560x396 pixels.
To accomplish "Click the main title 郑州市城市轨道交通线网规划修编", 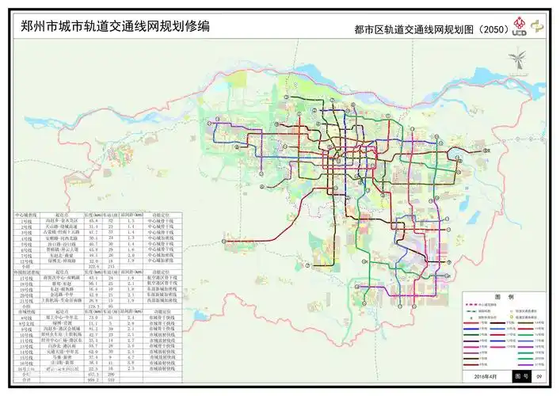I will pos(112,26).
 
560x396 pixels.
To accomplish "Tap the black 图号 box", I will pos(520,378).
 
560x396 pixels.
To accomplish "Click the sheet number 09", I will pos(539,378).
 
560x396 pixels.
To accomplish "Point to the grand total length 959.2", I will pos(93,381).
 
